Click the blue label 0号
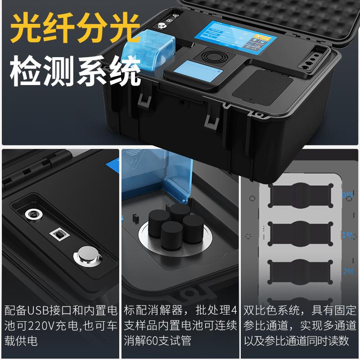[x=348, y=195]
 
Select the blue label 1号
[x=348, y=234]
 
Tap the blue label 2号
[x=348, y=271]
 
